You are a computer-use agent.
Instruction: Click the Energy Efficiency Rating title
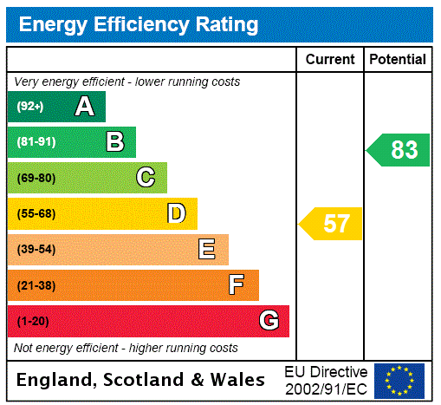(138, 25)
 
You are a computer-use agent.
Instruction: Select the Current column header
(330, 60)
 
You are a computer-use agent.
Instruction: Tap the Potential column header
(398, 60)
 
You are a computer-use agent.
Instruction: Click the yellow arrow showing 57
(332, 224)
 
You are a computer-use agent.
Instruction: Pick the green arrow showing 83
(399, 150)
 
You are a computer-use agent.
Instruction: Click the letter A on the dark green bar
(84, 107)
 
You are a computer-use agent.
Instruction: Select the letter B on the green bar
(114, 142)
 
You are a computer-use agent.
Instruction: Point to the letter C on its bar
(146, 178)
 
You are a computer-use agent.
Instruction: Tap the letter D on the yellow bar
(176, 213)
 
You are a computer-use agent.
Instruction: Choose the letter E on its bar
(207, 250)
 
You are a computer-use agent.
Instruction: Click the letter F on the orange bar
(236, 285)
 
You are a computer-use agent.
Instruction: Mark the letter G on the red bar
(269, 321)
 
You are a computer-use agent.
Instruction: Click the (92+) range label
(30, 107)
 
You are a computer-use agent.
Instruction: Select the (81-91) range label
(36, 142)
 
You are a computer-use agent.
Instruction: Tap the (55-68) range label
(36, 214)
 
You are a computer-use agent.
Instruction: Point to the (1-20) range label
(33, 322)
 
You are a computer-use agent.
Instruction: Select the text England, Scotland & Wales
(141, 380)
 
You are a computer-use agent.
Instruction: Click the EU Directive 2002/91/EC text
(326, 380)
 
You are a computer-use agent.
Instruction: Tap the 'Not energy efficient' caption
(126, 348)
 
